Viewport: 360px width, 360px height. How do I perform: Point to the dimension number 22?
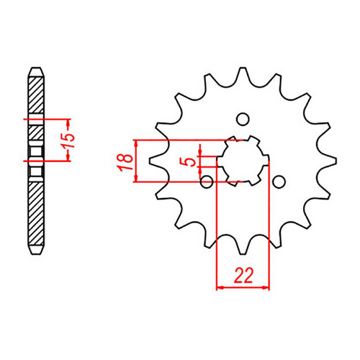pyautogui.click(x=243, y=274)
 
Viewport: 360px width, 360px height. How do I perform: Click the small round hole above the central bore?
pyautogui.click(x=243, y=120)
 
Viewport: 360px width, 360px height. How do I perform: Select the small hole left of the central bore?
pyautogui.click(x=207, y=181)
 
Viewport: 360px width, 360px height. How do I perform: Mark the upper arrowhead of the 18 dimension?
pyautogui.click(x=135, y=141)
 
